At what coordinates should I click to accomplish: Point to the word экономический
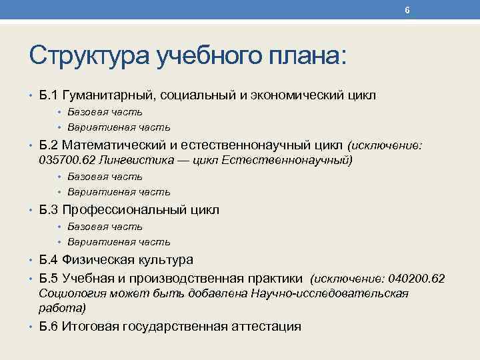point(297,95)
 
